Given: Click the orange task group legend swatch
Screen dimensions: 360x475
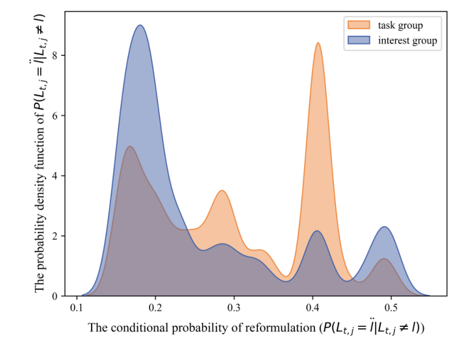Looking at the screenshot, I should pyautogui.click(x=359, y=25).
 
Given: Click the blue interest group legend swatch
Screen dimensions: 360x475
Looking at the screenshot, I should pyautogui.click(x=359, y=41).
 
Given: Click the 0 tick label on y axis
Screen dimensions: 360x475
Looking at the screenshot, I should pyautogui.click(x=57, y=296).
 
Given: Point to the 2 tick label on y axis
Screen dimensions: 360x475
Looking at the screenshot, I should pyautogui.click(x=57, y=236).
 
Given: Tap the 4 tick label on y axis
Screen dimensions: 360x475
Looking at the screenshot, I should pyautogui.click(x=57, y=175).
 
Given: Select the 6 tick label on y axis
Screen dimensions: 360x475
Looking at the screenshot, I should pyautogui.click(x=57, y=116).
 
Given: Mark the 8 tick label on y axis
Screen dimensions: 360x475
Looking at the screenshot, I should pyautogui.click(x=57, y=55).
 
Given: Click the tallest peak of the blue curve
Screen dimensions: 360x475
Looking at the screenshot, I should pyautogui.click(x=140, y=25).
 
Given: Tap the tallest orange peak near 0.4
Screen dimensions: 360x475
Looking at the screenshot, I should pyautogui.click(x=318, y=43).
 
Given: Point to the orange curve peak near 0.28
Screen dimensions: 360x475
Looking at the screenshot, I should pyautogui.click(x=222, y=190).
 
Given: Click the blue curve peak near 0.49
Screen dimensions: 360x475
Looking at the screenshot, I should pyautogui.click(x=385, y=227).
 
